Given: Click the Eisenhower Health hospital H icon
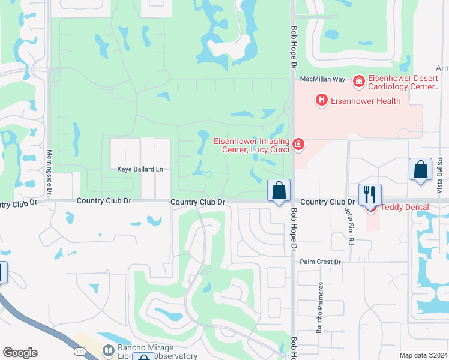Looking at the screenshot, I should pos(321,100).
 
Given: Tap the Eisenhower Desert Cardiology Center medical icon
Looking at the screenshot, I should pos(358,80).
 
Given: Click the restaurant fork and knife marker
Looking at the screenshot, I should pos(370,194).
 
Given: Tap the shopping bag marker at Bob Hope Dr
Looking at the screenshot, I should pos(279,191).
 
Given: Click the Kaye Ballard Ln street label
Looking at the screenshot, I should pos(140,170).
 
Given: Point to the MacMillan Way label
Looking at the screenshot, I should pos(322,79).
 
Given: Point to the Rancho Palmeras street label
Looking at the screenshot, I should pos(320,308).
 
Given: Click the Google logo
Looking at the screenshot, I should pos(20,353).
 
